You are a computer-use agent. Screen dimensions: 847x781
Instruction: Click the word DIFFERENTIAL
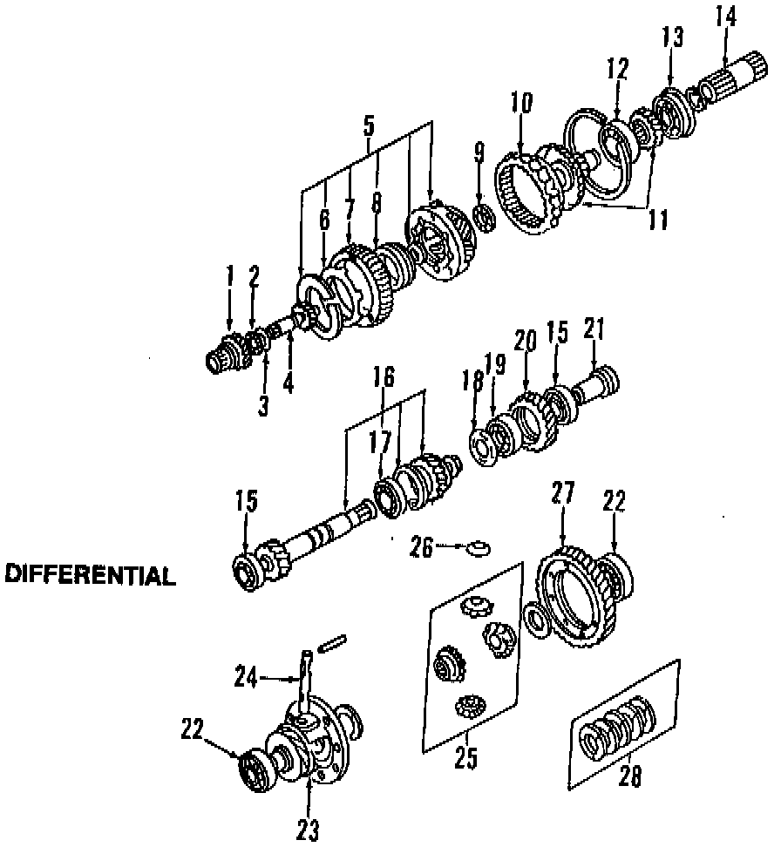pos(90,575)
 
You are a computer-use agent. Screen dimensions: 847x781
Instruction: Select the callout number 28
pos(628,776)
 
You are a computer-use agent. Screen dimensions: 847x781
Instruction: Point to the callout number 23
pos(308,830)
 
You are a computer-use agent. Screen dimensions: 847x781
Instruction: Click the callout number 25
pos(466,758)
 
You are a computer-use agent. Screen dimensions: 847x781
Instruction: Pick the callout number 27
pos(562,493)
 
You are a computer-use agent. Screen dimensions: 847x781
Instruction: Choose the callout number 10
pos(520,103)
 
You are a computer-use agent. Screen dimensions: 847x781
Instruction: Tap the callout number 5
pos(369,125)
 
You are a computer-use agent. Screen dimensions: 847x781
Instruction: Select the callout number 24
pos(246,675)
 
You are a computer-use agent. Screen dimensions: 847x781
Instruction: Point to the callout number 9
pos(479,154)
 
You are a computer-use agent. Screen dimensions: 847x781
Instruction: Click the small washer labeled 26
pos(477,548)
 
